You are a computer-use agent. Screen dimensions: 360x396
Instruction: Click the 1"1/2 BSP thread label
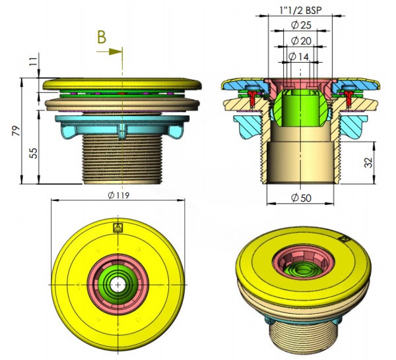pos(302,10)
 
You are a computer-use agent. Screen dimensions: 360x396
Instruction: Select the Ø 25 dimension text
pos(302,26)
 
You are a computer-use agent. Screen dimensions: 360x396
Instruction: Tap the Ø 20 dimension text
pos(302,41)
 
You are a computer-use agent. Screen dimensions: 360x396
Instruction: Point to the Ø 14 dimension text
pos(300,57)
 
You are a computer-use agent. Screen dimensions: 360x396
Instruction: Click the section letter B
pos(101,38)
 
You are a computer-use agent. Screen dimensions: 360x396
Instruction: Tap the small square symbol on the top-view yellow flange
pos(119,228)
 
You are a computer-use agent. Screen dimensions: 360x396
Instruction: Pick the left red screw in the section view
pos(253,98)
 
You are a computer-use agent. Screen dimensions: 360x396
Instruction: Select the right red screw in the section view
pos(350,98)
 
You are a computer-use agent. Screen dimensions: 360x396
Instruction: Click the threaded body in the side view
pos(122,158)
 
